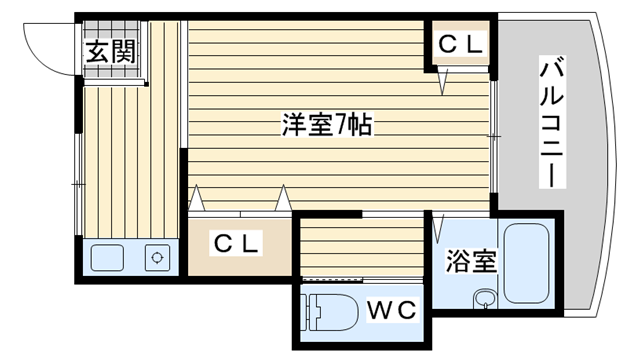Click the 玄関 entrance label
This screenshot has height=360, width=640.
[x=109, y=52]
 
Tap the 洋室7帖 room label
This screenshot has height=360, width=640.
[x=327, y=127]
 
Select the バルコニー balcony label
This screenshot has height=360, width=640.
[x=552, y=123]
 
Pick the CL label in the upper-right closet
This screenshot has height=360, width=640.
[x=461, y=44]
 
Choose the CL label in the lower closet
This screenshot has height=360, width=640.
[x=238, y=243]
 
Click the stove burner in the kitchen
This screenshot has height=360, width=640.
[x=157, y=257]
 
